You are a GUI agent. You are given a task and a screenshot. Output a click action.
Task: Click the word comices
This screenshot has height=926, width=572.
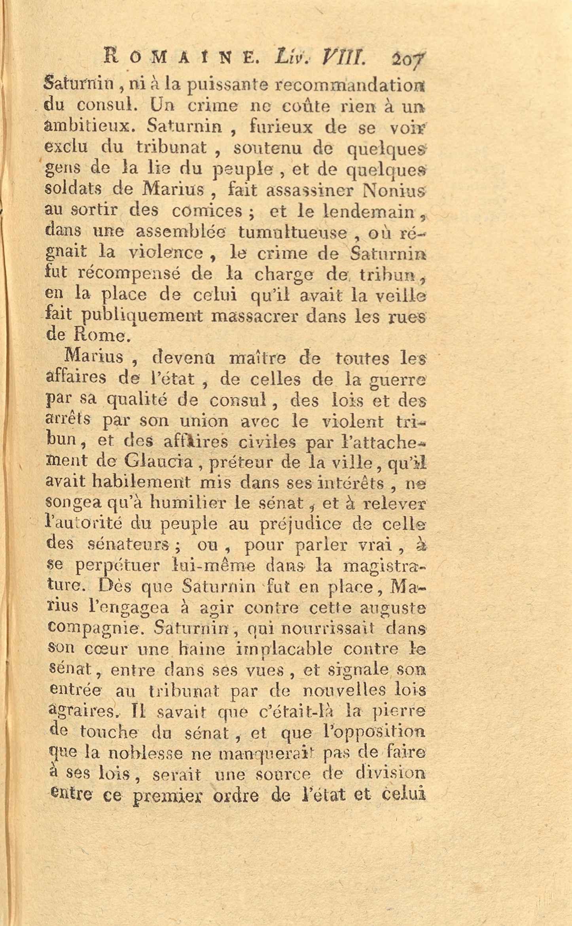pos(206,211)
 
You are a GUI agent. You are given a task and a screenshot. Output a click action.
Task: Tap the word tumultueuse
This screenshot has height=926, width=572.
pos(293,232)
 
